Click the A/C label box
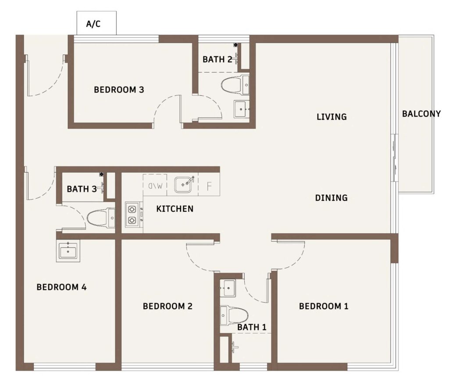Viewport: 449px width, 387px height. point(96,23)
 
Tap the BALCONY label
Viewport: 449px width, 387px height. point(421,114)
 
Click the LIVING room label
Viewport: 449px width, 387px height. point(331,117)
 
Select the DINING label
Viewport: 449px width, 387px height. point(331,198)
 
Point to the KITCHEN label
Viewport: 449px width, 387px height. point(175,209)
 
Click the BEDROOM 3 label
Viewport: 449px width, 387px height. point(119,90)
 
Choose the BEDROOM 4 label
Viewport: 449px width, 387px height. point(61,287)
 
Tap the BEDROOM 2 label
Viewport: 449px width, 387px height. point(167,306)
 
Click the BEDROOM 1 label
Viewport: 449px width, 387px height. point(324,306)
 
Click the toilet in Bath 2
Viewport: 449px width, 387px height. point(235,85)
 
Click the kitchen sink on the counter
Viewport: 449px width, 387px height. point(183,184)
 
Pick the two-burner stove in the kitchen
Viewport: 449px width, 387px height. point(132,215)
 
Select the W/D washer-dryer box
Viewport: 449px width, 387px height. point(155,185)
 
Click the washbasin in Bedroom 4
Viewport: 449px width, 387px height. point(68,251)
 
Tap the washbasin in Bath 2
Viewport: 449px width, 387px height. point(242,109)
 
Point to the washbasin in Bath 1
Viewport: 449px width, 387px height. point(228,288)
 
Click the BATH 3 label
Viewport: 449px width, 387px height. point(82,189)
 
